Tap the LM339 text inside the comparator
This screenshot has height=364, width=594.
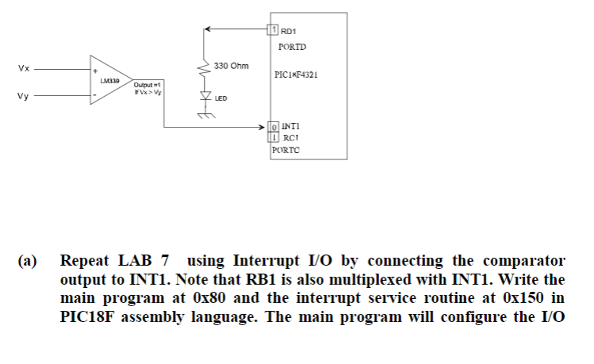(x=110, y=80)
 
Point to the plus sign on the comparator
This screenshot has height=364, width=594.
(x=96, y=68)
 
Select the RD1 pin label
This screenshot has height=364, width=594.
(x=289, y=31)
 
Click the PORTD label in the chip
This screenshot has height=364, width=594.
(x=293, y=47)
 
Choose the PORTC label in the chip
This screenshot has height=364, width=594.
(x=286, y=148)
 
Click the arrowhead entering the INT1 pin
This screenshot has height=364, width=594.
(x=264, y=126)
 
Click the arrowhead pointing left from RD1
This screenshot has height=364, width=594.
(x=208, y=30)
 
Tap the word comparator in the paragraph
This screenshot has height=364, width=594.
(x=521, y=260)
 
